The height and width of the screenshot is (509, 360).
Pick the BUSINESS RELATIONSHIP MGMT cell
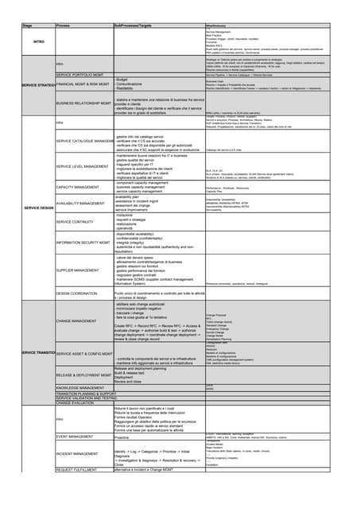coord(83,103)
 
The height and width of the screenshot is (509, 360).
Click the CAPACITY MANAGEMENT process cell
coord(79,186)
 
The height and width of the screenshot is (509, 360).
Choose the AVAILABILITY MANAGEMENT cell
coord(83,204)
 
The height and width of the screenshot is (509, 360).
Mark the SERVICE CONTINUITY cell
coord(75,222)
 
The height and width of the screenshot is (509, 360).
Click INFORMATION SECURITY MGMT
coord(83,242)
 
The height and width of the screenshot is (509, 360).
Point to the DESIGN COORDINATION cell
coord(79,293)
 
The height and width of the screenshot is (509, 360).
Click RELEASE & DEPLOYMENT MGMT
coord(83,374)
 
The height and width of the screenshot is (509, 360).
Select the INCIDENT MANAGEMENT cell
coord(79,453)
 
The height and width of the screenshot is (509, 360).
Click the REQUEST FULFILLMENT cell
coord(76,470)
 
